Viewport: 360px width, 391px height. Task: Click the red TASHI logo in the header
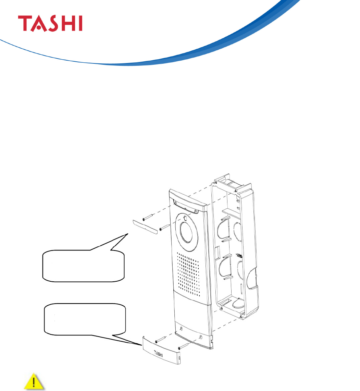50,23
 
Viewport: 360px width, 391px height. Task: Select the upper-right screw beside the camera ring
163,227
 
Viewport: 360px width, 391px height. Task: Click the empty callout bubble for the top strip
83,265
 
